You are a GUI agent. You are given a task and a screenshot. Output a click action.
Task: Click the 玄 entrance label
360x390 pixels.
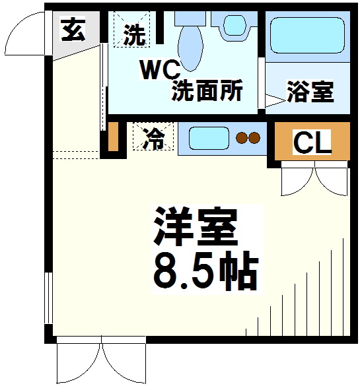73,30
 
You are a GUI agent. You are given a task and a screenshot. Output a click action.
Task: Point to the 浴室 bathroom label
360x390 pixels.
310,92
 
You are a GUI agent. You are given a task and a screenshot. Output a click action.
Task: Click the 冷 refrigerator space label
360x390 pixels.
153,139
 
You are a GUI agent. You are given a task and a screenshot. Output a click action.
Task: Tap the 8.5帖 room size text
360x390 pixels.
205,269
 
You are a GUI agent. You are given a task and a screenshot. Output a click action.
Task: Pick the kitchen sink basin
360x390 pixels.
208,138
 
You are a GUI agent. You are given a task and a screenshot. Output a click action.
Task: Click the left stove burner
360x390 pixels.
241,138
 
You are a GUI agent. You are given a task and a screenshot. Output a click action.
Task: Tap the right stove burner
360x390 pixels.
254,138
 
